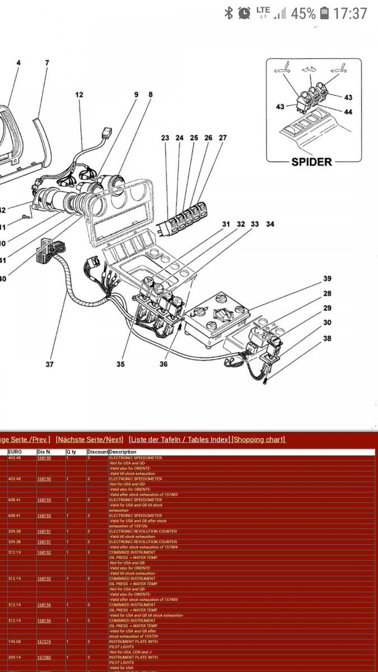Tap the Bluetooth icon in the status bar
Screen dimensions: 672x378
[228, 13]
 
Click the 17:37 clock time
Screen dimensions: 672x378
[350, 13]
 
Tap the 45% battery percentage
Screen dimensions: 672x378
[303, 13]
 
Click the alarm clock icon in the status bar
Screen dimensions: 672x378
[244, 13]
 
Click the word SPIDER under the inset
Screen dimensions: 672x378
[311, 162]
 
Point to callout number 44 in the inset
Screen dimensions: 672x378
[348, 112]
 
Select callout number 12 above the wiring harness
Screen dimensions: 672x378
[79, 95]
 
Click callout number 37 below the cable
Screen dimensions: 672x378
[50, 364]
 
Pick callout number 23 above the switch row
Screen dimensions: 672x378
[165, 138]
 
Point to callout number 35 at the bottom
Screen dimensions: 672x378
[120, 364]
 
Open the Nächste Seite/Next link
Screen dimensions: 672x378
[90, 440]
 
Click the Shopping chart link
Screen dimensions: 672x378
[259, 440]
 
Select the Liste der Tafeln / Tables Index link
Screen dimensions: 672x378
[179, 440]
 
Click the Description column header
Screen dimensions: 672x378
[123, 452]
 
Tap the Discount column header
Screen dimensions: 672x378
[97, 452]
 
